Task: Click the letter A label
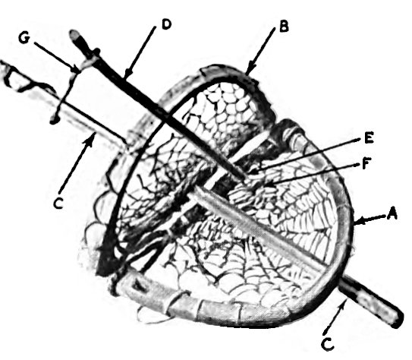pos(392,213)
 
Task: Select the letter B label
pos(284,27)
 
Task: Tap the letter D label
pos(167,24)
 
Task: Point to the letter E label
pos(369,137)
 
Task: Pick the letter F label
pos(366,163)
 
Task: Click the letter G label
pos(24,38)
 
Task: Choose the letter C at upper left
pos(58,204)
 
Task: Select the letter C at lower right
pos(328,344)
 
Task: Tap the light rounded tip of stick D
pos(74,35)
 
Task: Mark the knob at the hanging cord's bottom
pos(54,121)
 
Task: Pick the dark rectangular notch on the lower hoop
pos(140,286)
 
